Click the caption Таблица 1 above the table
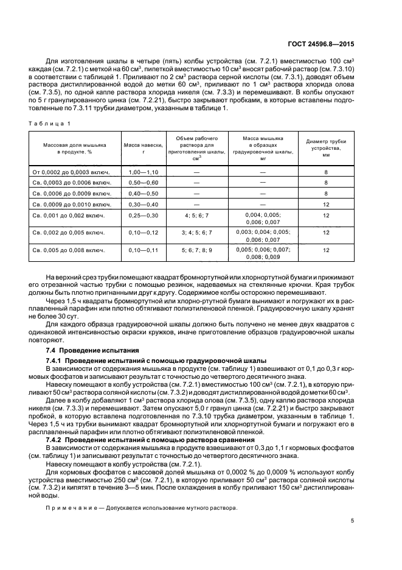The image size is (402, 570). click(52, 124)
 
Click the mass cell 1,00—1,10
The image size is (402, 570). click(143, 172)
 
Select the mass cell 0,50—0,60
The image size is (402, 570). click(143, 183)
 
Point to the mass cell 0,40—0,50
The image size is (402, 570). click(143, 193)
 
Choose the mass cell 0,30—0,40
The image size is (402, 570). click(143, 204)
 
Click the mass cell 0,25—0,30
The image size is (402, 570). click(143, 216)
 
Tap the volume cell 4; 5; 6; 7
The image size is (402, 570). click(196, 216)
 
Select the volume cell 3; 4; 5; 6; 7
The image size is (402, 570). click(196, 233)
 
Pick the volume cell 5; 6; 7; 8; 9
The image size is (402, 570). click(196, 250)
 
